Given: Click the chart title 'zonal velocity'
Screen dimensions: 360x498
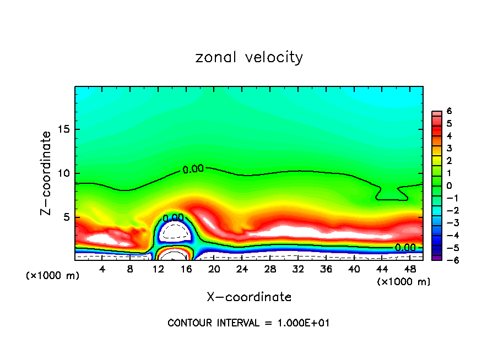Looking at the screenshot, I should point(249,57).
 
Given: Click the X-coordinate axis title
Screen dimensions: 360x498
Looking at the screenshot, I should point(249,297).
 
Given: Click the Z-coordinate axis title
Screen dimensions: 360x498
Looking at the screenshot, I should point(46,172).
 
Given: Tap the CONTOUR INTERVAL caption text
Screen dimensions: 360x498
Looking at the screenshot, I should point(248,323).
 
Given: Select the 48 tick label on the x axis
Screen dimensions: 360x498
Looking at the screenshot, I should point(410,269).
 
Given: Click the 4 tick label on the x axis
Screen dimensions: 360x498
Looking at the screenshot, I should point(102,269).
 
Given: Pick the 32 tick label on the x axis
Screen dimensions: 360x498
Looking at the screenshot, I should point(298,269).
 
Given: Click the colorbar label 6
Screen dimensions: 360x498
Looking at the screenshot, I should point(449,111).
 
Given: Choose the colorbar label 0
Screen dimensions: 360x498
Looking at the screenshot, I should point(449,186).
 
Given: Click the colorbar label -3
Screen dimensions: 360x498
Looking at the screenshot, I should point(447,222).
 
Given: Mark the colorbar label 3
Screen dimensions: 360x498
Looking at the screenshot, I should point(449,148).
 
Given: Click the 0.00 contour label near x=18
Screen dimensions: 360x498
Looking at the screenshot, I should point(193,169).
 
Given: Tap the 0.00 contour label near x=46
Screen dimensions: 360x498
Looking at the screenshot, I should point(405,248).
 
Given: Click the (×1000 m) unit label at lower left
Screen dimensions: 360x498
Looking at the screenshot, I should point(53,275).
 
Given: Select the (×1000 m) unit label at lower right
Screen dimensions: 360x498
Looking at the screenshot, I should point(403,282).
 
